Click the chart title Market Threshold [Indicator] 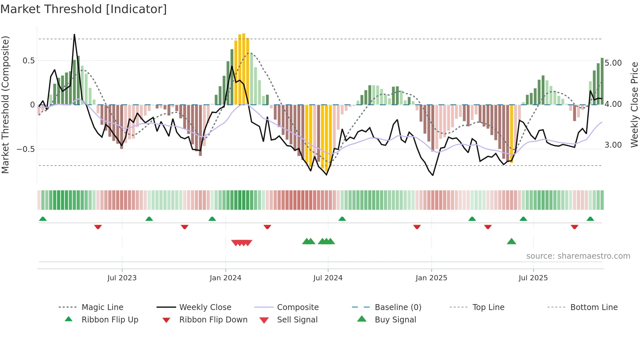coord(84,9)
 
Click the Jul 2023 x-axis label coord(122,278)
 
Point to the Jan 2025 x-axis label coord(431,278)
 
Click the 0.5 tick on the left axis coord(29,61)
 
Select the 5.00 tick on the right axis coord(613,63)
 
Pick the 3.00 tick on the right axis coord(613,145)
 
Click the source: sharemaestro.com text coord(578,256)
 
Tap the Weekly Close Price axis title coord(634,105)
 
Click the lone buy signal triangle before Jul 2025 coord(511,241)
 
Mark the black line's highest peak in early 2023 coord(74,35)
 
